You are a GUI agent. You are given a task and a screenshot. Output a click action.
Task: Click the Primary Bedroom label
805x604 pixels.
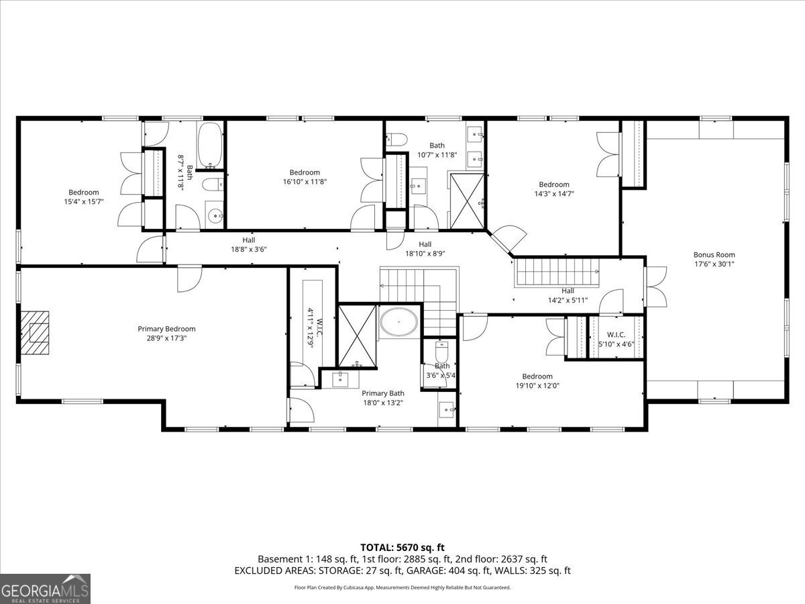pos(166,329)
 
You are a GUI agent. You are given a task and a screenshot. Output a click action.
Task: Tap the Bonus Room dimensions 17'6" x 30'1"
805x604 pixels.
pos(714,264)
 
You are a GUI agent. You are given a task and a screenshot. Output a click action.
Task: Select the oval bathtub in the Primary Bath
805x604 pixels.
pos(400,323)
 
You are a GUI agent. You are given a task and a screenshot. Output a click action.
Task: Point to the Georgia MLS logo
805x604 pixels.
pos(45,589)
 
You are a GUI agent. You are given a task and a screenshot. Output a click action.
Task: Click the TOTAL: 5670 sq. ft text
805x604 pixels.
pos(402,547)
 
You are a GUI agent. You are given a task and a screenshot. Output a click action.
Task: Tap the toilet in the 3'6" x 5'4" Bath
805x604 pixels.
pos(441,353)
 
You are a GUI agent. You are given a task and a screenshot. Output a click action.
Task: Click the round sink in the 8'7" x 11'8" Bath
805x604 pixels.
pos(215,216)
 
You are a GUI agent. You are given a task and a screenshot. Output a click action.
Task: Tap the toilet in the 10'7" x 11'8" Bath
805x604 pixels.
pos(397,140)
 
